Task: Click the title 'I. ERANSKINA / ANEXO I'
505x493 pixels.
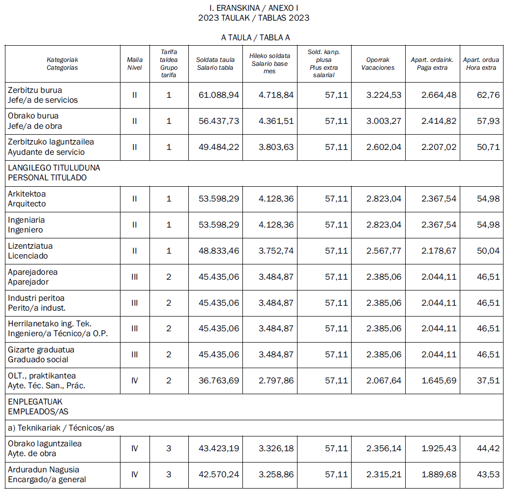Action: [254, 8]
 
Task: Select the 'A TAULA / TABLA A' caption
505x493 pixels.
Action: [254, 38]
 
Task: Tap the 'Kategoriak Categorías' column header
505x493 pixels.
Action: [62, 64]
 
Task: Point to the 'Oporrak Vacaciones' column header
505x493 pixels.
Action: [378, 64]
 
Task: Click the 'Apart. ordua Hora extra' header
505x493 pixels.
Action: [481, 64]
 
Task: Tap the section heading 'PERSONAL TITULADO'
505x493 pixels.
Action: [47, 177]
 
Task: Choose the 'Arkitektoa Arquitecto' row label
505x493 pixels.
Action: [27, 199]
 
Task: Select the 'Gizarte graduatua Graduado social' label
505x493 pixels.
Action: [41, 355]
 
